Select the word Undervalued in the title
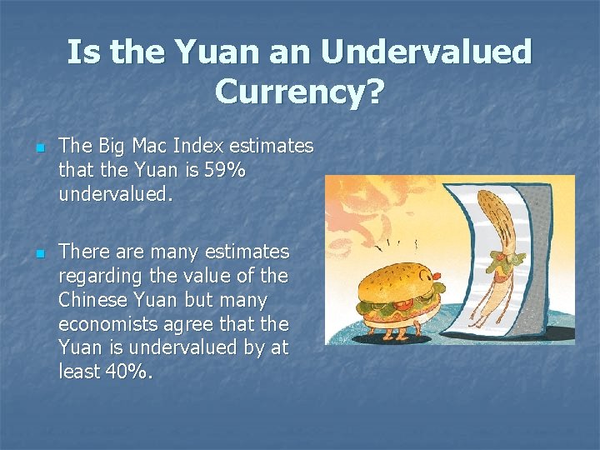(426, 52)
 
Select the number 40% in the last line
(129, 372)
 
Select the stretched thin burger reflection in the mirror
(501, 250)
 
